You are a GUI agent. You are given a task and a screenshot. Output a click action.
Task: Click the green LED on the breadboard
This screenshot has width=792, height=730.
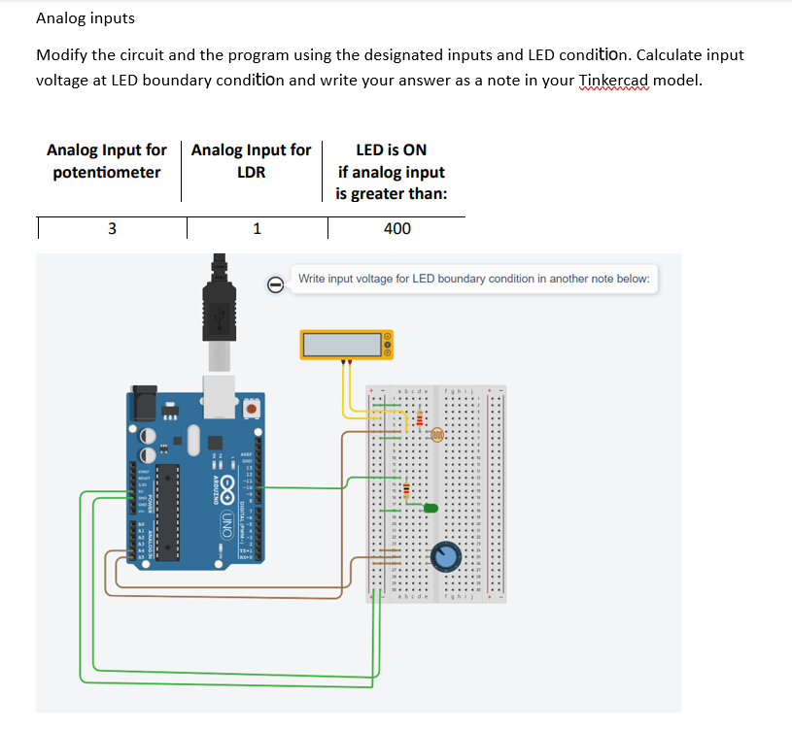[431, 507]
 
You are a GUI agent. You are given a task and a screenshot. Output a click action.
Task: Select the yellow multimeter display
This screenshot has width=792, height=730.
[343, 345]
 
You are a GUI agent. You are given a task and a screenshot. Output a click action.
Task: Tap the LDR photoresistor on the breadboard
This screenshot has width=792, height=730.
[436, 436]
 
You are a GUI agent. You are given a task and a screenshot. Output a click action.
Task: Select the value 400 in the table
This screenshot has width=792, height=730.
[396, 229]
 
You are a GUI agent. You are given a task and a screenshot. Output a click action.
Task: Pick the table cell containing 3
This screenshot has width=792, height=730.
[111, 229]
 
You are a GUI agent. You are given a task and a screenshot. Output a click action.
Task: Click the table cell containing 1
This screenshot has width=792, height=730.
[256, 229]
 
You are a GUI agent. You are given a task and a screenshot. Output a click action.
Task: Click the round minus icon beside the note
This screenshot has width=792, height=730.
[276, 283]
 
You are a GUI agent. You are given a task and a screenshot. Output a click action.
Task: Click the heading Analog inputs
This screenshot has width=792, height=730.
[86, 18]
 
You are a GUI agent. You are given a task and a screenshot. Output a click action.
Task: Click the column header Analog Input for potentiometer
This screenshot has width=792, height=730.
[107, 161]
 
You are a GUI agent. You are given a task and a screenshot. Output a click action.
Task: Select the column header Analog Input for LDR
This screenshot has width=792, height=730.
[252, 161]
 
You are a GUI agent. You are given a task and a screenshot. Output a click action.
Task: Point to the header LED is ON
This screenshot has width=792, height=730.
[391, 149]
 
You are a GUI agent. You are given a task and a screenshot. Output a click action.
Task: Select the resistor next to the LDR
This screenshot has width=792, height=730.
[419, 418]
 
